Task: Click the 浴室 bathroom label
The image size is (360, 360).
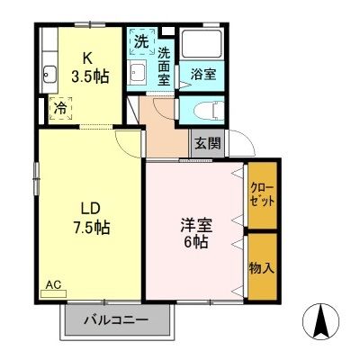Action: [x=202, y=75]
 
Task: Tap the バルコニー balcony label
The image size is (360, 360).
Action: [x=116, y=320]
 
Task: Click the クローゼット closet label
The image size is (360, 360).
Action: [x=262, y=195]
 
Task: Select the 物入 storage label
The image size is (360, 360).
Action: [x=262, y=266]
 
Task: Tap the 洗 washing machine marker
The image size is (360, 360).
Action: [x=142, y=41]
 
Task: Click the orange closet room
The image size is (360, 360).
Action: [x=262, y=195]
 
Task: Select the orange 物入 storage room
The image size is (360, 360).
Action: [x=262, y=266]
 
